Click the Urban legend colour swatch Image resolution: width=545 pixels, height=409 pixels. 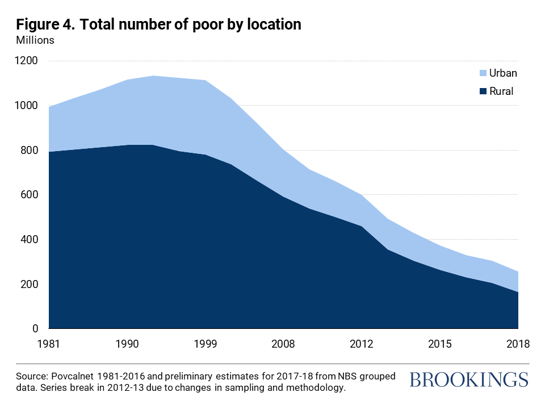484,73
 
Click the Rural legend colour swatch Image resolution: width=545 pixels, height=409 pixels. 484,91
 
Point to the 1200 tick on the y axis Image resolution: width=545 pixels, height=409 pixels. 27,61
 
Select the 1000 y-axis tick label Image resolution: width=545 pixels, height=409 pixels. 27,106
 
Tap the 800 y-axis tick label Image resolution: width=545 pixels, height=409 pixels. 30,151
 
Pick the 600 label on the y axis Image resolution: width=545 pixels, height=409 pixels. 30,195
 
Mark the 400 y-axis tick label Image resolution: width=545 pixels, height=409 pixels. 30,240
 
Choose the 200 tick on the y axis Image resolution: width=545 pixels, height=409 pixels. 30,285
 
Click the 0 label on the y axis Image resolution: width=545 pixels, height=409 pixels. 35,329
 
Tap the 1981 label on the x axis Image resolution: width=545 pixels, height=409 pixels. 49,344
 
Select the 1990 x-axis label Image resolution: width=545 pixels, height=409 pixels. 127,344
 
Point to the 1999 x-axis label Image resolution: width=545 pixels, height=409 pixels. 205,344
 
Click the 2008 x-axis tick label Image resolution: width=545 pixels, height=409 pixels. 283,344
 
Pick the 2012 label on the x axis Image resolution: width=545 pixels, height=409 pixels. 362,344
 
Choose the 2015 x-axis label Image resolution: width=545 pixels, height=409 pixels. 440,344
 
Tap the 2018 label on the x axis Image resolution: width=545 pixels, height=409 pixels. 517,344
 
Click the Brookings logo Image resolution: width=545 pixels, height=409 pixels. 468,379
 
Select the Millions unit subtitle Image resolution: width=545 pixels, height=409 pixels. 35,40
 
